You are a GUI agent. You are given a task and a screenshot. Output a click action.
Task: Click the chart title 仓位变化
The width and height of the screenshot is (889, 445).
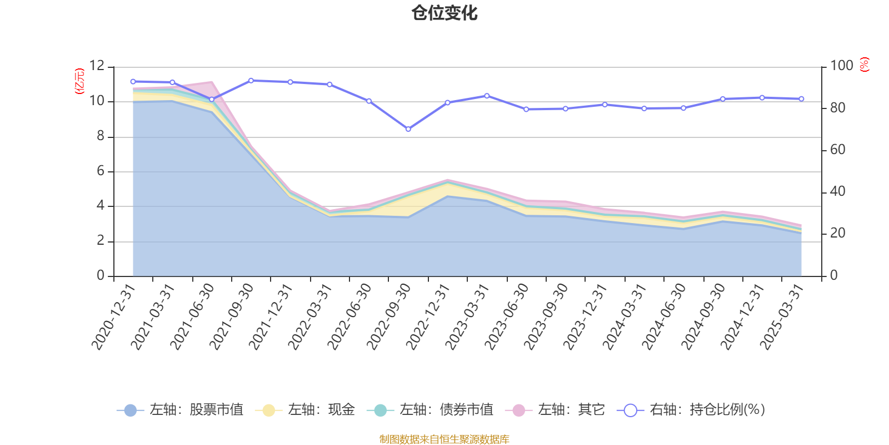point(444,13)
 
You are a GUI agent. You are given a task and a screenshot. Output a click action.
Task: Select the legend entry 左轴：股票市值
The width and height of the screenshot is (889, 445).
point(180,411)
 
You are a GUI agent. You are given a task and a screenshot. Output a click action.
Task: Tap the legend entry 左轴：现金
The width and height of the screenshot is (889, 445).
point(305,411)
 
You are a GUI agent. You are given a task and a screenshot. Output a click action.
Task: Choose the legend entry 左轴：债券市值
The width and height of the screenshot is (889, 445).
point(430,411)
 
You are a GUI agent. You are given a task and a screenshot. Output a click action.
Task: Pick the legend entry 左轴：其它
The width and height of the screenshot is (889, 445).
point(555,411)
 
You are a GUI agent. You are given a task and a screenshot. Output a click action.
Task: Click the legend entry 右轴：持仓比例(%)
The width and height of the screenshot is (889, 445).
point(691,411)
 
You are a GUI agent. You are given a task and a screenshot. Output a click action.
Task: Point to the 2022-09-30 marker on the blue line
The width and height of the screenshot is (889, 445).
point(408,129)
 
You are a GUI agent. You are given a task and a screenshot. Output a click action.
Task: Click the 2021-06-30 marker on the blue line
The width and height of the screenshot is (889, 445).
point(212,100)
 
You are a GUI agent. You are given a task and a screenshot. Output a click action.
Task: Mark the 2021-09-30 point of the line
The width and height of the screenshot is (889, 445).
point(251,81)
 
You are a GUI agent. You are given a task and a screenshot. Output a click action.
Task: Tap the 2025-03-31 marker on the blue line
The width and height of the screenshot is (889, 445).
point(801,99)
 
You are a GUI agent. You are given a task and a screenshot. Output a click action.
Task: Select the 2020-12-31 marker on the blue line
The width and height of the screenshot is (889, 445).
point(133,82)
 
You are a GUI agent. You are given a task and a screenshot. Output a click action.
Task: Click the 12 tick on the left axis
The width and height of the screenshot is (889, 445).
point(97,66)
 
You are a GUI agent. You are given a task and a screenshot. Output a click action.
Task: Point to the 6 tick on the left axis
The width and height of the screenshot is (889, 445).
point(101,171)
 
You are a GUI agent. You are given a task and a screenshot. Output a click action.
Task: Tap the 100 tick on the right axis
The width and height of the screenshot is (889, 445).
point(841,66)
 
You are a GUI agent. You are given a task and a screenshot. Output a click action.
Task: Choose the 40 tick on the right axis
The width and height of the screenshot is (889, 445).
point(837,192)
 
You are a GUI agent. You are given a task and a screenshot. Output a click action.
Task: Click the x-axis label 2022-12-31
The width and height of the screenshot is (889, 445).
point(428,316)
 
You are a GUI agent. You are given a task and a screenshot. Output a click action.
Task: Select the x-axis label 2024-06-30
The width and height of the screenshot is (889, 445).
point(664,316)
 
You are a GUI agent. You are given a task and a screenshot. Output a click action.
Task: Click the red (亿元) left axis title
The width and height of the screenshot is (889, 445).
point(80,81)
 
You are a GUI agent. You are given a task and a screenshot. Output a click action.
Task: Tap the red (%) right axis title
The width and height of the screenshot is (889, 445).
point(864,65)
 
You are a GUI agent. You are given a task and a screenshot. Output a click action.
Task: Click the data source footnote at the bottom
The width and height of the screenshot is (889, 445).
point(444,439)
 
